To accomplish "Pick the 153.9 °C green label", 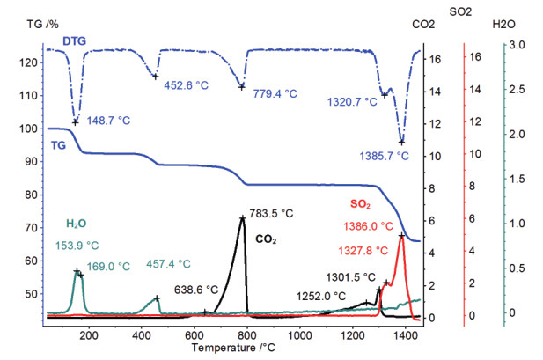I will [80, 246].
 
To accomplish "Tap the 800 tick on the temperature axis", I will [247, 335].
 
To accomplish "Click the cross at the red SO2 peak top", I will [401, 235].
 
